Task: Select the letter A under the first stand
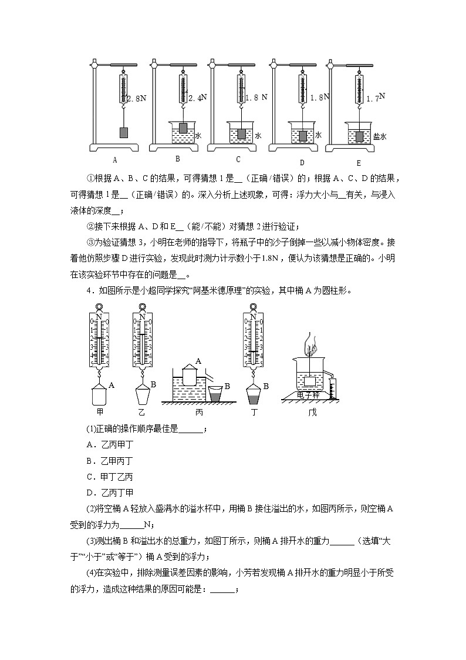pos(115,159)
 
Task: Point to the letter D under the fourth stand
pos(302,162)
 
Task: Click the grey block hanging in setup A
pos(124,132)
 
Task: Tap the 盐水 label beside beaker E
pos(380,136)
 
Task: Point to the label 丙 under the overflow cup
pos(199,412)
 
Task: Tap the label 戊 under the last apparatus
pos(312,412)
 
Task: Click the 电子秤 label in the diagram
pos(309,396)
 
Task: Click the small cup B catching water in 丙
pos(216,393)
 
